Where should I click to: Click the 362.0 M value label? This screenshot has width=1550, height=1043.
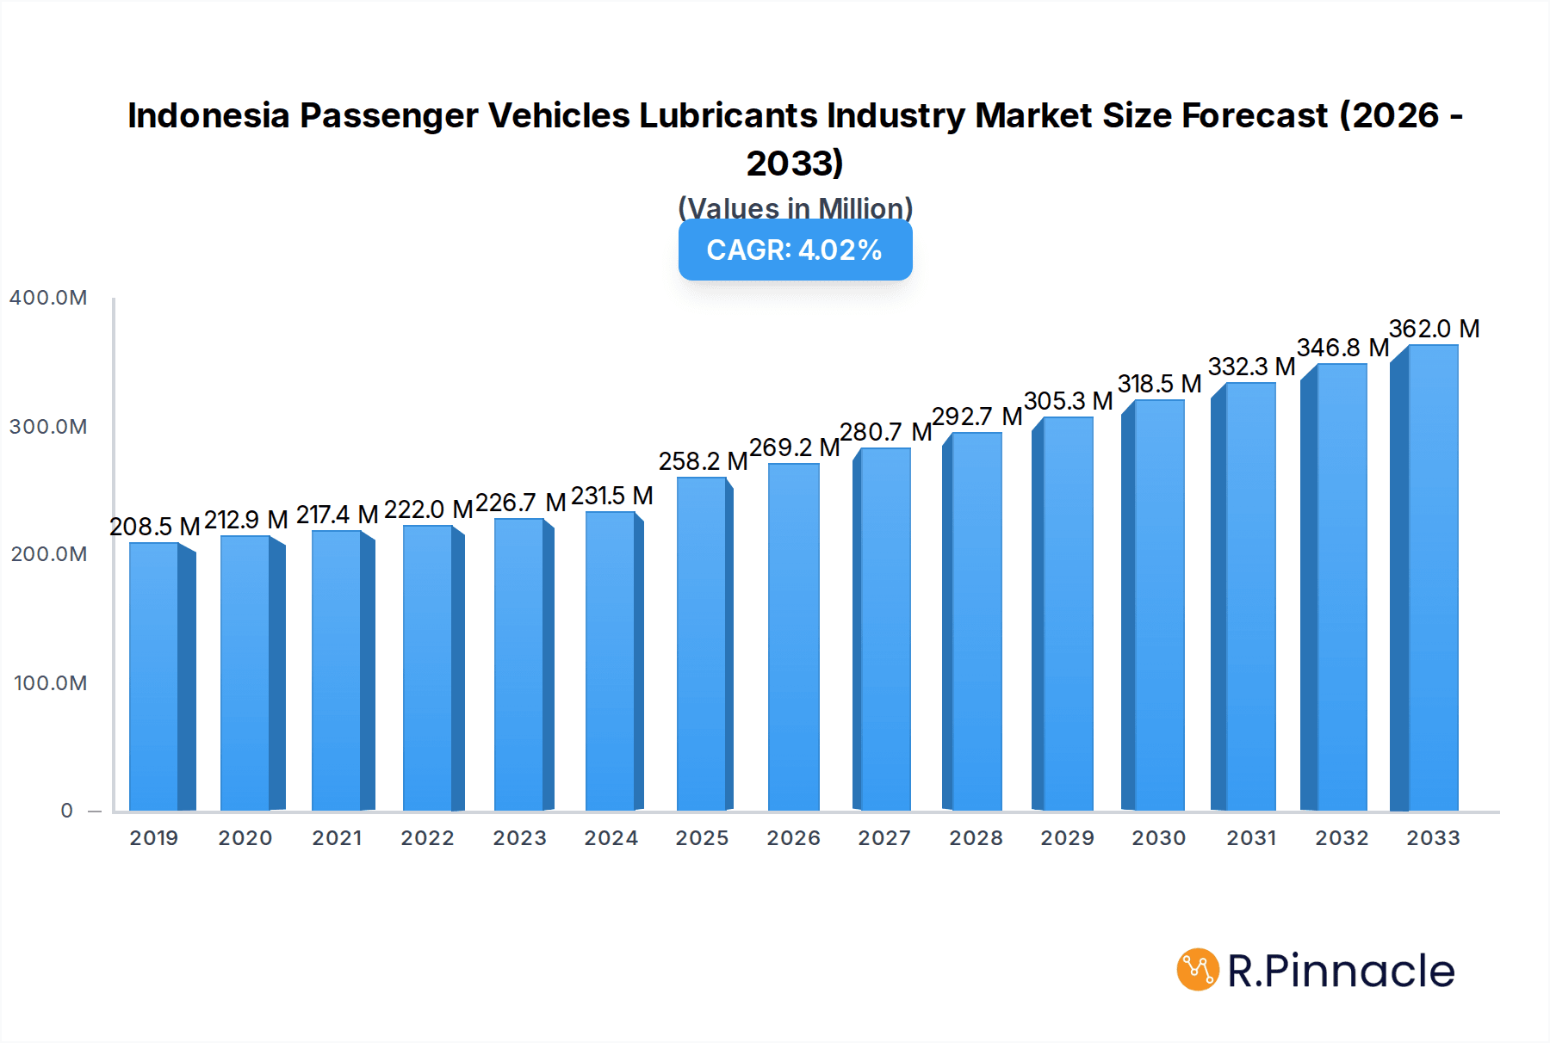tap(1434, 329)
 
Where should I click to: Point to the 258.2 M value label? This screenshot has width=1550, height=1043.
tap(703, 461)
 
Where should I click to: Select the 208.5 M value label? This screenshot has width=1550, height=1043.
tap(155, 527)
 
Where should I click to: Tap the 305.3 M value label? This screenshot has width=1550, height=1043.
tap(1068, 401)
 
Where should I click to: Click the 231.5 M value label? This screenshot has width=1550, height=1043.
tap(611, 496)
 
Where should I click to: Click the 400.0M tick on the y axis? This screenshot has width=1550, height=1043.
tap(48, 298)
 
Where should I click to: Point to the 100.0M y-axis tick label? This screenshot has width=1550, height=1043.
tap(50, 683)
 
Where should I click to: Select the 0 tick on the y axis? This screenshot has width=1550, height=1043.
tap(66, 811)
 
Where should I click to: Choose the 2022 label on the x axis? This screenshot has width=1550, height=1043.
tap(427, 838)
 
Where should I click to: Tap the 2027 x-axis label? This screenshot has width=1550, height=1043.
tap(884, 838)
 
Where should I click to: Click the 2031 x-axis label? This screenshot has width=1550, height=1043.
tap(1251, 838)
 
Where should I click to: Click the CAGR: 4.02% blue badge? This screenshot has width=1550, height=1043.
tap(795, 250)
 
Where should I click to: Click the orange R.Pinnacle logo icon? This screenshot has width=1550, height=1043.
tap(1198, 970)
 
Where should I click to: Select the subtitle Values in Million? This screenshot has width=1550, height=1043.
tap(795, 208)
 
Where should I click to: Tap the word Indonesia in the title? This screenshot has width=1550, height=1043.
tap(208, 115)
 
